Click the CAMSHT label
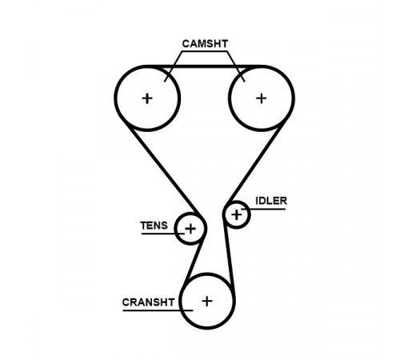pos(205,44)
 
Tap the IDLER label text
pos(271,201)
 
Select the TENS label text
pos(154,226)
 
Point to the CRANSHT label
pos(148,302)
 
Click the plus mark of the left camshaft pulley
pos(147,98)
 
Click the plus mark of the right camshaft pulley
pos(262,98)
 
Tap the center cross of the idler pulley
pos(237,215)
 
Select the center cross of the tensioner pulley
pos(190,229)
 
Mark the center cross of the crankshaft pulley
pos(207,302)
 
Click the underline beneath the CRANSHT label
pos(158,310)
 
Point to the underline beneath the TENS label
pos(163,234)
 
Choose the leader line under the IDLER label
pos(263,209)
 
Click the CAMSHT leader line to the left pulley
pos(174,66)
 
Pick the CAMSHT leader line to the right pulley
pos(236,66)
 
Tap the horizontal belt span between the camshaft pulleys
pos(204,66)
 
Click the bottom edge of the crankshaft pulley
pos(207,328)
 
